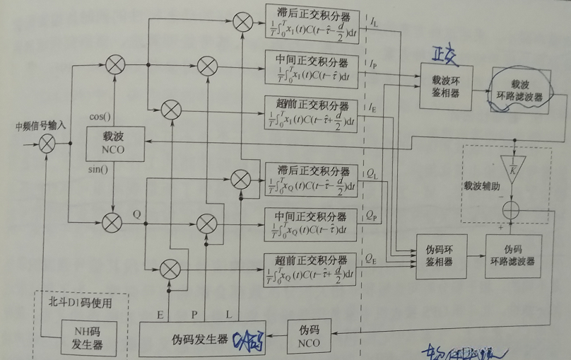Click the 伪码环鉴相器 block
click(x=442, y=255)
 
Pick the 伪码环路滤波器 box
click(x=514, y=255)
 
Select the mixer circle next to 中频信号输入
click(x=47, y=144)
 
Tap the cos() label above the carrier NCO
click(x=100, y=116)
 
